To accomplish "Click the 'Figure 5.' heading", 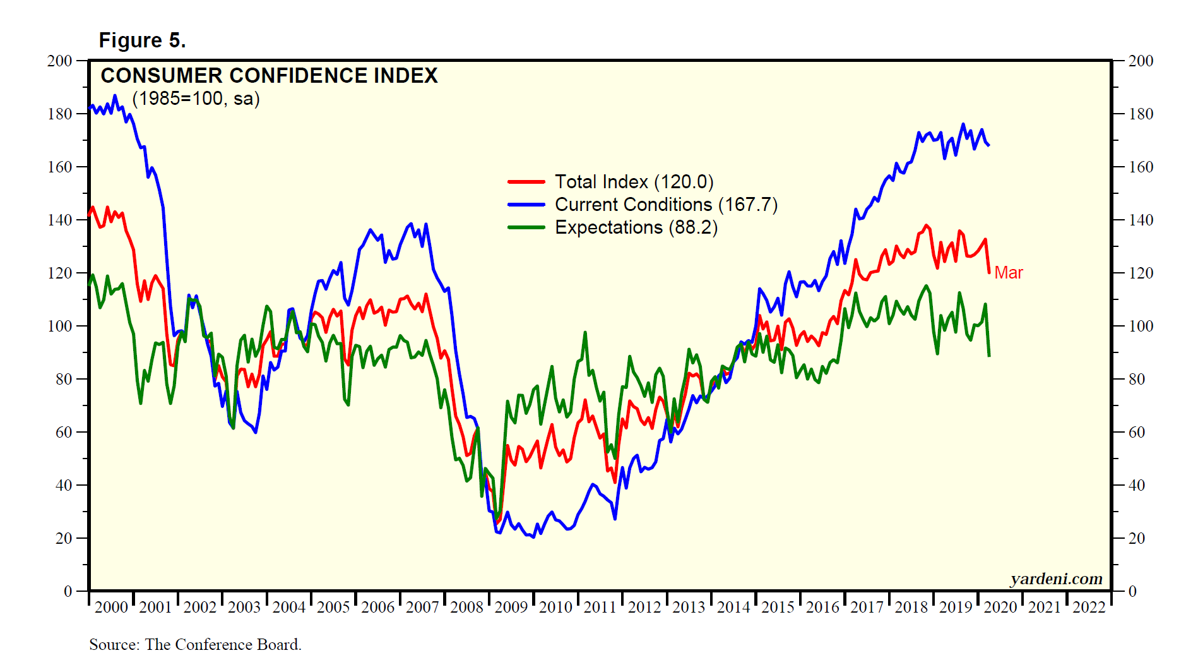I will pyautogui.click(x=142, y=40).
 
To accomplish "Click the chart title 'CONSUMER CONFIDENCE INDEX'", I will pyautogui.click(x=269, y=76).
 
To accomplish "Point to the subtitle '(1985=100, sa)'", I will pyautogui.click(x=196, y=99).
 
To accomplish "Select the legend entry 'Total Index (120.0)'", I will pyautogui.click(x=634, y=182).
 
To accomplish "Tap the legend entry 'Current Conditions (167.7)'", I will pyautogui.click(x=666, y=205).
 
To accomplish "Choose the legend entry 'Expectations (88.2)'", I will pyautogui.click(x=636, y=227).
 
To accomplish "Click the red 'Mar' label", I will pyautogui.click(x=1008, y=273).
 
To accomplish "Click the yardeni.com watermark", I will pyautogui.click(x=1056, y=579).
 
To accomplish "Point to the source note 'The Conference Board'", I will pyautogui.click(x=223, y=644).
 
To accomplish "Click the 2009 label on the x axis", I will pyautogui.click(x=511, y=608).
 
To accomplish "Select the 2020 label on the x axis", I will pyautogui.click(x=1000, y=608).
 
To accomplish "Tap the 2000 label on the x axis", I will pyautogui.click(x=111, y=608).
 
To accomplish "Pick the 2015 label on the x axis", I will pyautogui.click(x=778, y=608).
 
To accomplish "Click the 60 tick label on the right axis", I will pyautogui.click(x=1136, y=433).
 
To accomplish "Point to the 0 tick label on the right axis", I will pyautogui.click(x=1132, y=592).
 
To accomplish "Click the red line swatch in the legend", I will pyautogui.click(x=526, y=182).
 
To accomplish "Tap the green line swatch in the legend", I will pyautogui.click(x=526, y=227).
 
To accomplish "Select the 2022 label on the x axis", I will pyautogui.click(x=1089, y=608).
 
